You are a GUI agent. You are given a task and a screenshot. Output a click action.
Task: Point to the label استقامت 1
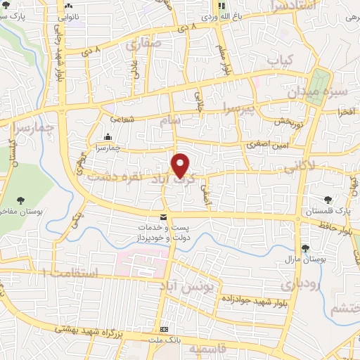[70, 270]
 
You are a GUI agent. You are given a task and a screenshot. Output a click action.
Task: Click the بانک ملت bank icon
[165, 329]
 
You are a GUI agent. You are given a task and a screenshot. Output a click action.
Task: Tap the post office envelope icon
[163, 217]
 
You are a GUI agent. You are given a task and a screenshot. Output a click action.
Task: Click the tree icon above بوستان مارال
[306, 247]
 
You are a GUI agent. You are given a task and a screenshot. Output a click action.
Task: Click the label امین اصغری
[266, 144]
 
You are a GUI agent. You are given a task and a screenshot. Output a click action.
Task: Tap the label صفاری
[144, 44]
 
